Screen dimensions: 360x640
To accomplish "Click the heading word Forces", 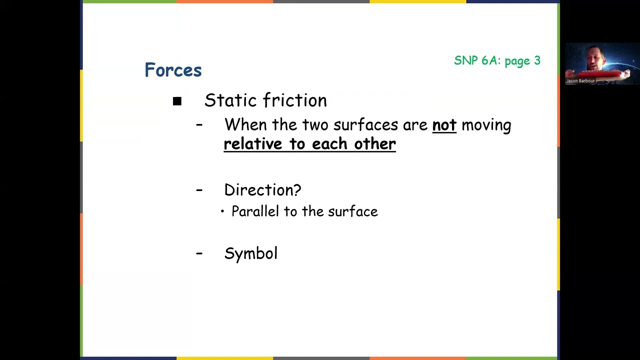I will coord(173,70).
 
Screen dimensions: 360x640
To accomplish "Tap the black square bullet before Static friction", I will coord(177,101).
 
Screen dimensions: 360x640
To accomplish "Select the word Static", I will coord(231,100).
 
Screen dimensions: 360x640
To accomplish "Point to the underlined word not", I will coord(444,125).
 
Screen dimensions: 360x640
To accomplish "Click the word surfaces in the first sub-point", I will coord(365,125).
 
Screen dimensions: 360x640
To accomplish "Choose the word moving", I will coord(486,125).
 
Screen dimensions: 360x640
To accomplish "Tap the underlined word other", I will coord(375,144).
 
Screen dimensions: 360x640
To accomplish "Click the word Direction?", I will coord(262,190).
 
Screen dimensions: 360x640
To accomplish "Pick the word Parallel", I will coord(255,211).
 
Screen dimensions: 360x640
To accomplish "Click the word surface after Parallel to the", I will coord(352,211).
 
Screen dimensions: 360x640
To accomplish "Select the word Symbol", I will coord(250,253).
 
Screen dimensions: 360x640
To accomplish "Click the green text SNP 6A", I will coord(477,60).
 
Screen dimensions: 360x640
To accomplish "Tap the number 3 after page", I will coord(537,60).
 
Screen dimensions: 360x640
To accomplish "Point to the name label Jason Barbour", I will coord(580,81).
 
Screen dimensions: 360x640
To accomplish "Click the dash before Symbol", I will coord(199,253).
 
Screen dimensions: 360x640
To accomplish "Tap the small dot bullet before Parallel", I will coord(222,212).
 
